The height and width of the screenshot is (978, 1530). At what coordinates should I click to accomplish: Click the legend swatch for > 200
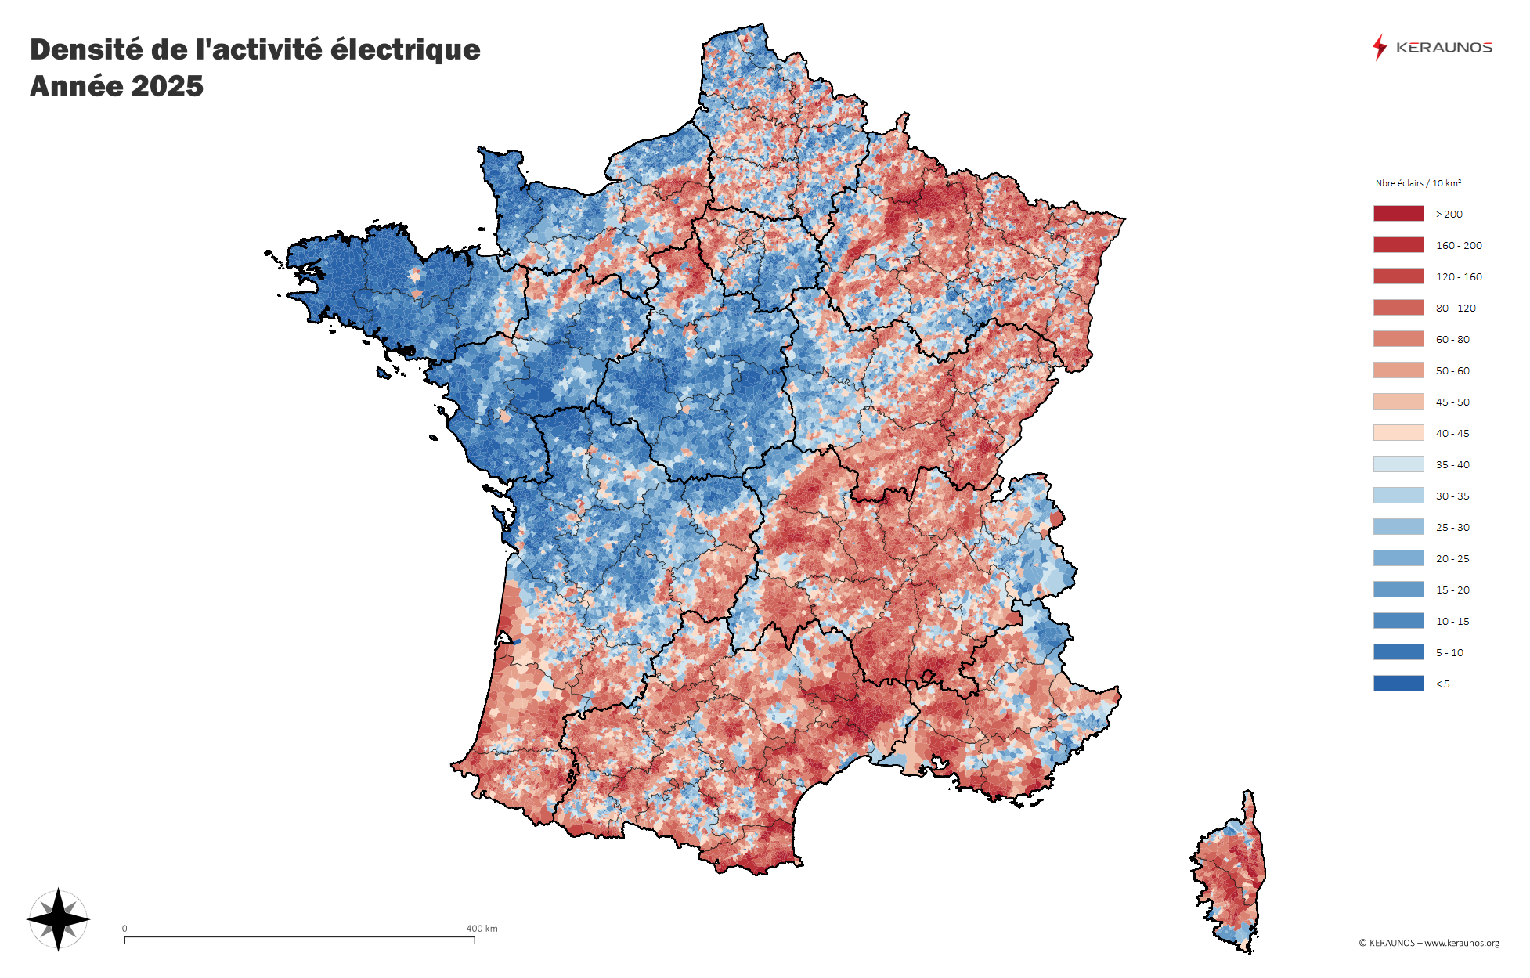click(1398, 214)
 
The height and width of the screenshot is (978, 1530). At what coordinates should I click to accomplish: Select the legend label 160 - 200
click(1458, 245)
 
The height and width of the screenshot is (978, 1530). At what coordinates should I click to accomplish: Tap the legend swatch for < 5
click(1398, 684)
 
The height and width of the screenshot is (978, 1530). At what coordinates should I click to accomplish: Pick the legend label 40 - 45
click(1452, 433)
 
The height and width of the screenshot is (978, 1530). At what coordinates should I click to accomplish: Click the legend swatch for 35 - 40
click(1398, 464)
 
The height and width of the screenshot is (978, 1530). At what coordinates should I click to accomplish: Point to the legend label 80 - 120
click(1455, 308)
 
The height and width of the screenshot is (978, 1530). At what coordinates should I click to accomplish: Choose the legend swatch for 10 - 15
click(1398, 621)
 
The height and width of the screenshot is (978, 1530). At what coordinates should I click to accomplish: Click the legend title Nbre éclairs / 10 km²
click(1417, 183)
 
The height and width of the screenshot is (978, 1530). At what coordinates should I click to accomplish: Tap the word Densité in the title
click(87, 49)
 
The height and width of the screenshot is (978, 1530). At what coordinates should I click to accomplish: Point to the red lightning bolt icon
click(1379, 47)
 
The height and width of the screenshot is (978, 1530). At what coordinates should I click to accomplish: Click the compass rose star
click(58, 919)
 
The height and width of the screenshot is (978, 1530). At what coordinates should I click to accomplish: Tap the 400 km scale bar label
click(482, 929)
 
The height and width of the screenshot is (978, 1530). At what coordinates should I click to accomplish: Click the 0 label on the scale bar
click(124, 929)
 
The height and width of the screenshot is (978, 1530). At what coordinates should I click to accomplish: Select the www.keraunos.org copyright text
click(1461, 943)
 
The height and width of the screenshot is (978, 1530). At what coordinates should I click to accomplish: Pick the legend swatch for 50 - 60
click(1398, 370)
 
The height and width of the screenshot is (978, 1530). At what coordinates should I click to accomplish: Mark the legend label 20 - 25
click(1452, 558)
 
